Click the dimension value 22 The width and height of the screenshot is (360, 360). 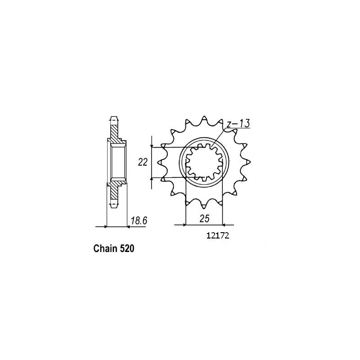pos(143,162)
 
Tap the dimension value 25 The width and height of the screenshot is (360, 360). pos(204,219)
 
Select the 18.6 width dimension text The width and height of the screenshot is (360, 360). pos(139,220)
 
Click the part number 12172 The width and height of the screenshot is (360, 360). pos(218,235)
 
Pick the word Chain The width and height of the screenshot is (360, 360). pos(105,249)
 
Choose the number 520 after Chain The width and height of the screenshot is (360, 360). pos(127,249)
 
